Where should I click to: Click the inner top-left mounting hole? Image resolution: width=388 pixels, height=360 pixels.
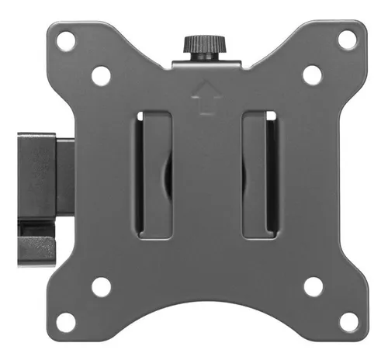point(100,76)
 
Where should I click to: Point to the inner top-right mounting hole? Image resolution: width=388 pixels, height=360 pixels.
point(312,75)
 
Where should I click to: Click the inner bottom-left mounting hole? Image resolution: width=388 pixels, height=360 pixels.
point(100,286)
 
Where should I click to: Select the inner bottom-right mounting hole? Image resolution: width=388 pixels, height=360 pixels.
point(313,286)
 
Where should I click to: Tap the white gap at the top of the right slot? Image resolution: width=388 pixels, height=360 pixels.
point(269,116)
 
